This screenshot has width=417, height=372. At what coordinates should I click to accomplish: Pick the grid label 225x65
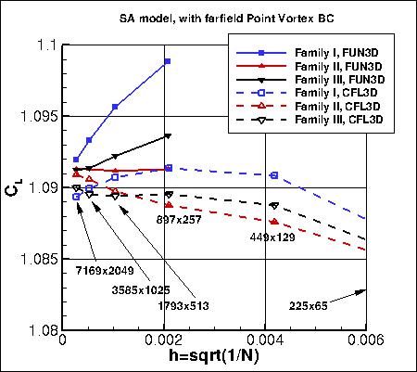point(308,304)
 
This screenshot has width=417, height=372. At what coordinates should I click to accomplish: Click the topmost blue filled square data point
point(168,61)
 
